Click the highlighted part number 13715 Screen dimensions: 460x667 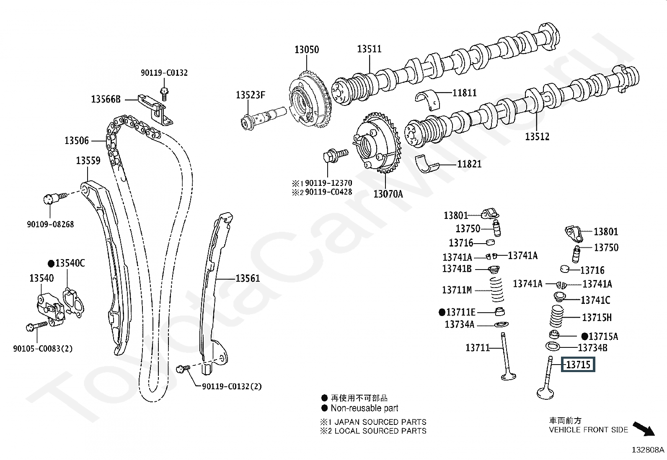coord(578,365)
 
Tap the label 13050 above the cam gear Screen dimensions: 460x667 coord(306,49)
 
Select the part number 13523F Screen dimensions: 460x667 coord(250,95)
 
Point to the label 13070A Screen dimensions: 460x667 coord(388,194)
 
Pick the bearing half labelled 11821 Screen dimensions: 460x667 coord(428,164)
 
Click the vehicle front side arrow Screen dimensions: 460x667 coord(643,429)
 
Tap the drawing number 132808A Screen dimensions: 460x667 coord(648,450)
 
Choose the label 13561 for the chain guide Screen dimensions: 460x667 coord(247,278)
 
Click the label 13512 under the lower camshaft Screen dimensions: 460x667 coord(537,136)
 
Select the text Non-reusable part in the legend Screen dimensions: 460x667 coord(364,408)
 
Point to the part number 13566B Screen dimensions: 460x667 coord(106,99)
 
